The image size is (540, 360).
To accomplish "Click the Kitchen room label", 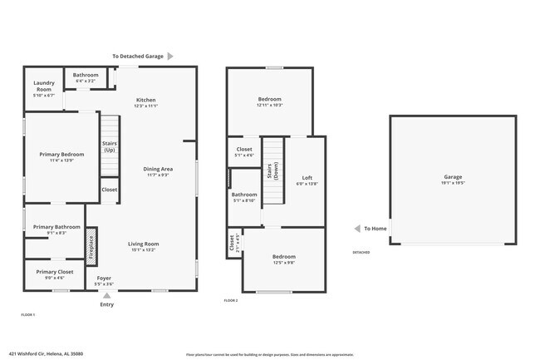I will coord(146,101).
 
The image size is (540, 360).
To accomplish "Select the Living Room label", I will coord(143,244).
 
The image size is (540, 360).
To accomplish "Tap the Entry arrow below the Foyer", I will coord(106,294).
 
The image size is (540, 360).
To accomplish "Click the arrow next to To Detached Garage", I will coord(170,57).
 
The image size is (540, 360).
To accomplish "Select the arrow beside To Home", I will coord(356,229).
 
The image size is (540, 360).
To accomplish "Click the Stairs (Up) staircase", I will coord(110,146).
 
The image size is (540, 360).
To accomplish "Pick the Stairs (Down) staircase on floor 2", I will coord(272,170).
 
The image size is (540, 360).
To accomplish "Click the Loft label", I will coord(307,178).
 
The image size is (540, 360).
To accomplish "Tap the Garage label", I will coord(452,177).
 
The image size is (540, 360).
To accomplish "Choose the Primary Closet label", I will coord(54,272).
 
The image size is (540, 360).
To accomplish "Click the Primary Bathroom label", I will coord(56,227).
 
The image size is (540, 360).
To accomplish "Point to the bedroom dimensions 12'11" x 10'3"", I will coord(269,106).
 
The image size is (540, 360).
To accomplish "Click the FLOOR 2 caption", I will coord(231,300).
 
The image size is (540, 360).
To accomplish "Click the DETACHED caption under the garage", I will coord(361,252).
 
